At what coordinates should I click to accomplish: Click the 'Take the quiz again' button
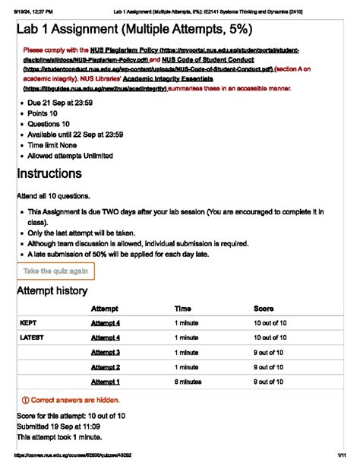click(x=55, y=271)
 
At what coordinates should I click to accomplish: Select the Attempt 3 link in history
click(x=106, y=352)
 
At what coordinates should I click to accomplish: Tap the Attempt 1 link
click(x=106, y=382)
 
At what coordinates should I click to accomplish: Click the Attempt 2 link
click(x=106, y=366)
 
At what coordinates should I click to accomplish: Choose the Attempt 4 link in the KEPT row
click(x=106, y=323)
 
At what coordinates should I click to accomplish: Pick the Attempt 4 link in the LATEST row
click(x=106, y=338)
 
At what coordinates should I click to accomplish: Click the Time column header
click(x=183, y=309)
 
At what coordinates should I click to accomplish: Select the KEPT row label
click(x=28, y=323)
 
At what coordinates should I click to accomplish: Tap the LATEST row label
click(x=32, y=338)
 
